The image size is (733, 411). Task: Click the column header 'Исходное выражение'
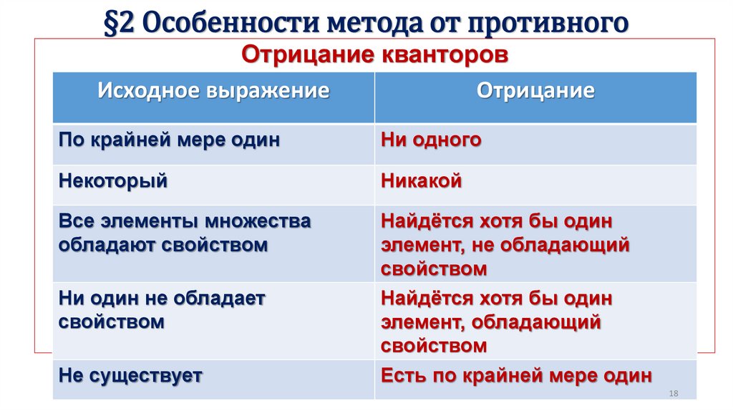click(x=213, y=91)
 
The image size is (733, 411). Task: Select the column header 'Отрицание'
click(x=535, y=91)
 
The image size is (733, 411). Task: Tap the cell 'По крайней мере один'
click(x=169, y=140)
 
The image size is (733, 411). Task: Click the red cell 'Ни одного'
click(x=431, y=140)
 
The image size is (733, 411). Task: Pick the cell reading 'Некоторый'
click(x=113, y=181)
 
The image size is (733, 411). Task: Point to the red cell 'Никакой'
click(x=422, y=181)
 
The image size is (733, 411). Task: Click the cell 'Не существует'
click(x=131, y=375)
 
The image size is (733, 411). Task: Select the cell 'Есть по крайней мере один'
click(x=516, y=375)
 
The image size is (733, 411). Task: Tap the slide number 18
click(x=672, y=394)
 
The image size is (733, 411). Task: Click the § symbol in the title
click(x=113, y=24)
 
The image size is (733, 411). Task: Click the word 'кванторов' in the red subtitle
click(x=440, y=55)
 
